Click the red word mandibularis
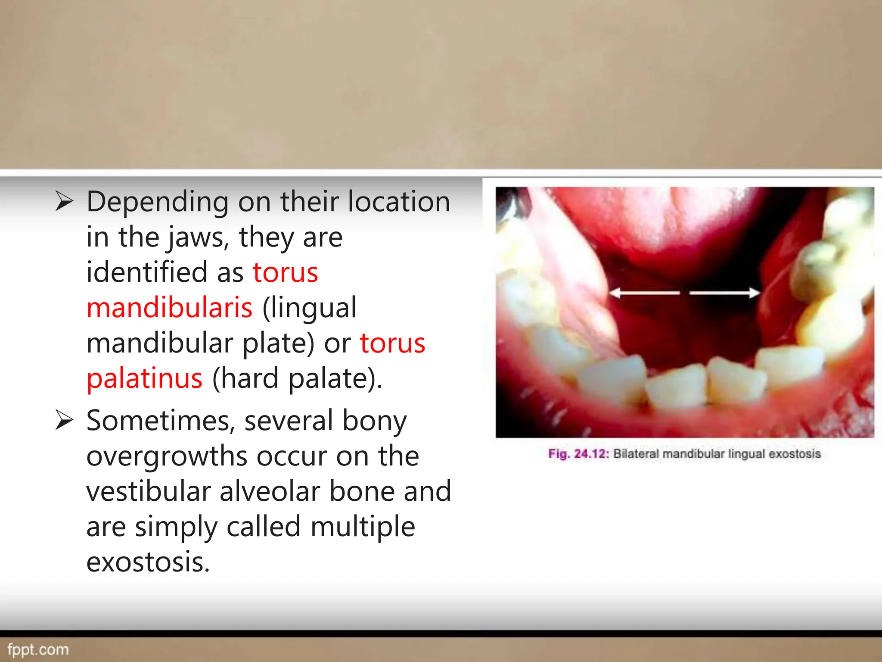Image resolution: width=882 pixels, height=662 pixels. (169, 308)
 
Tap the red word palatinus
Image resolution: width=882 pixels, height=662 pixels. (144, 379)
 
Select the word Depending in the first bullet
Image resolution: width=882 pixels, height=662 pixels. (158, 202)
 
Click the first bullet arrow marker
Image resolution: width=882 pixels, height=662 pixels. (65, 202)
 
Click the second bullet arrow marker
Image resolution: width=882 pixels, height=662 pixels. (65, 421)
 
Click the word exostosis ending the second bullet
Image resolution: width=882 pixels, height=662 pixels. (148, 562)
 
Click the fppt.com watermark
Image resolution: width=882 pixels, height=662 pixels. (38, 650)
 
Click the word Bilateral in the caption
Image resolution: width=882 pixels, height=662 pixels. (636, 454)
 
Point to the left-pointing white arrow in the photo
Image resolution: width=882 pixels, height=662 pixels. (644, 293)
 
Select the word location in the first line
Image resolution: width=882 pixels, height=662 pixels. (399, 202)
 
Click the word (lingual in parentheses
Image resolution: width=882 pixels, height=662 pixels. (309, 308)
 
